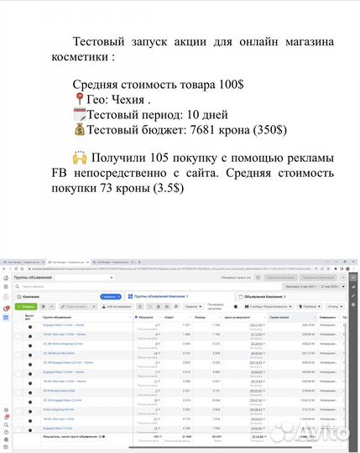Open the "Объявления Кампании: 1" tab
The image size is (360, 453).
[268, 296]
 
